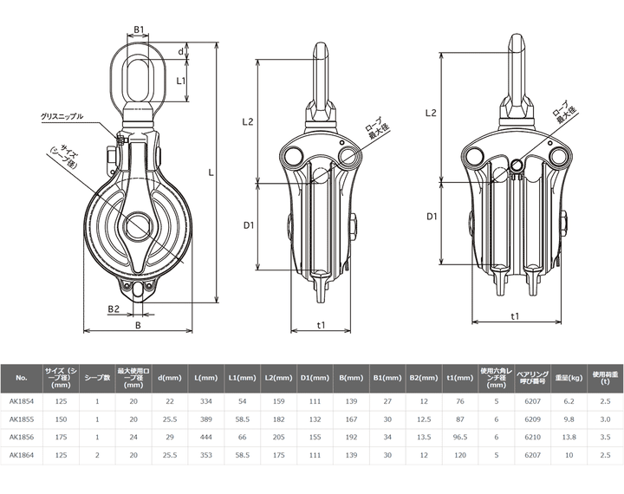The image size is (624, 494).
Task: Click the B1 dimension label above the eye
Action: pos(139,29)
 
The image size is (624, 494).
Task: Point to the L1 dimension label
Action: pos(181,81)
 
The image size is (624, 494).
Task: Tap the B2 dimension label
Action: pos(114,309)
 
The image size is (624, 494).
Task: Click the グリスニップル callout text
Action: pos(62,117)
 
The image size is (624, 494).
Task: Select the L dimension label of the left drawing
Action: pos(211,172)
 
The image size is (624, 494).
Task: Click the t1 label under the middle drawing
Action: pos(322,325)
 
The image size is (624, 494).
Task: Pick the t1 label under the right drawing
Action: pos(515,315)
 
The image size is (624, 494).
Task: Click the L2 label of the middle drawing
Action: pos(248,122)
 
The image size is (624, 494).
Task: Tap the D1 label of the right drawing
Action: pos(432,217)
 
